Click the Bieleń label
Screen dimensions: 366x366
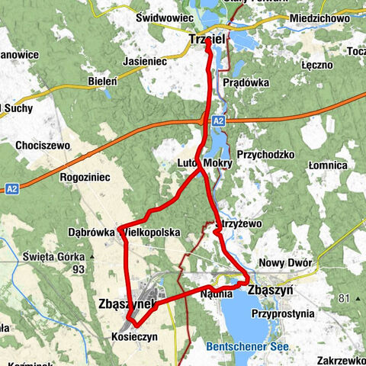[x=104, y=79]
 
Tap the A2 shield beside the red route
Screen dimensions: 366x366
[x=220, y=120]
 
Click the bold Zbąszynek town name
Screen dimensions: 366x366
[x=127, y=303]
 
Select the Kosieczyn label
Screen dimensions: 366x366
[x=134, y=336]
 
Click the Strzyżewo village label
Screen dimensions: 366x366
[x=239, y=225]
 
